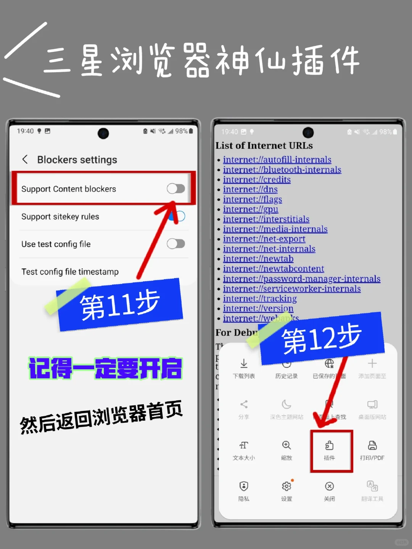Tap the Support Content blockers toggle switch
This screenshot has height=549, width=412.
point(176,188)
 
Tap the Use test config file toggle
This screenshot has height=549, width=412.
point(176,244)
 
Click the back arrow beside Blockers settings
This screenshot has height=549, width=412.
point(25,159)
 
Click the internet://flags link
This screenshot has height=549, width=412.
point(252,200)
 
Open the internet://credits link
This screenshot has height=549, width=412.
point(256,180)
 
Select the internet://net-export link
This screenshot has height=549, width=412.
point(264,239)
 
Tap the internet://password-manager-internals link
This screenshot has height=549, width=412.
point(301,279)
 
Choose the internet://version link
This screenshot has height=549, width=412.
point(258,308)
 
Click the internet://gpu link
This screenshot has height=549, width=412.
point(250,209)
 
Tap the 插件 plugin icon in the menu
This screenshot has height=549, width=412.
point(329,446)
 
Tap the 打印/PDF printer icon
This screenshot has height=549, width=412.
point(372,446)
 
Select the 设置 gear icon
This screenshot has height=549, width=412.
point(286,486)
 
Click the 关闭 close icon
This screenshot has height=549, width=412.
point(329,486)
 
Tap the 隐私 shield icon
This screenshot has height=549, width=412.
point(244,486)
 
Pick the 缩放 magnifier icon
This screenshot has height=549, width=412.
point(286,446)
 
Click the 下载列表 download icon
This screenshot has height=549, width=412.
point(244,364)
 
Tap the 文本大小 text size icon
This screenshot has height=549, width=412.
point(244,446)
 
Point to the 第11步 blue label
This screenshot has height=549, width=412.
point(120,305)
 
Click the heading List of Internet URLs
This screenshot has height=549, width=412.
point(264,146)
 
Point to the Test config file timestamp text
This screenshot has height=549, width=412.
point(70,272)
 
